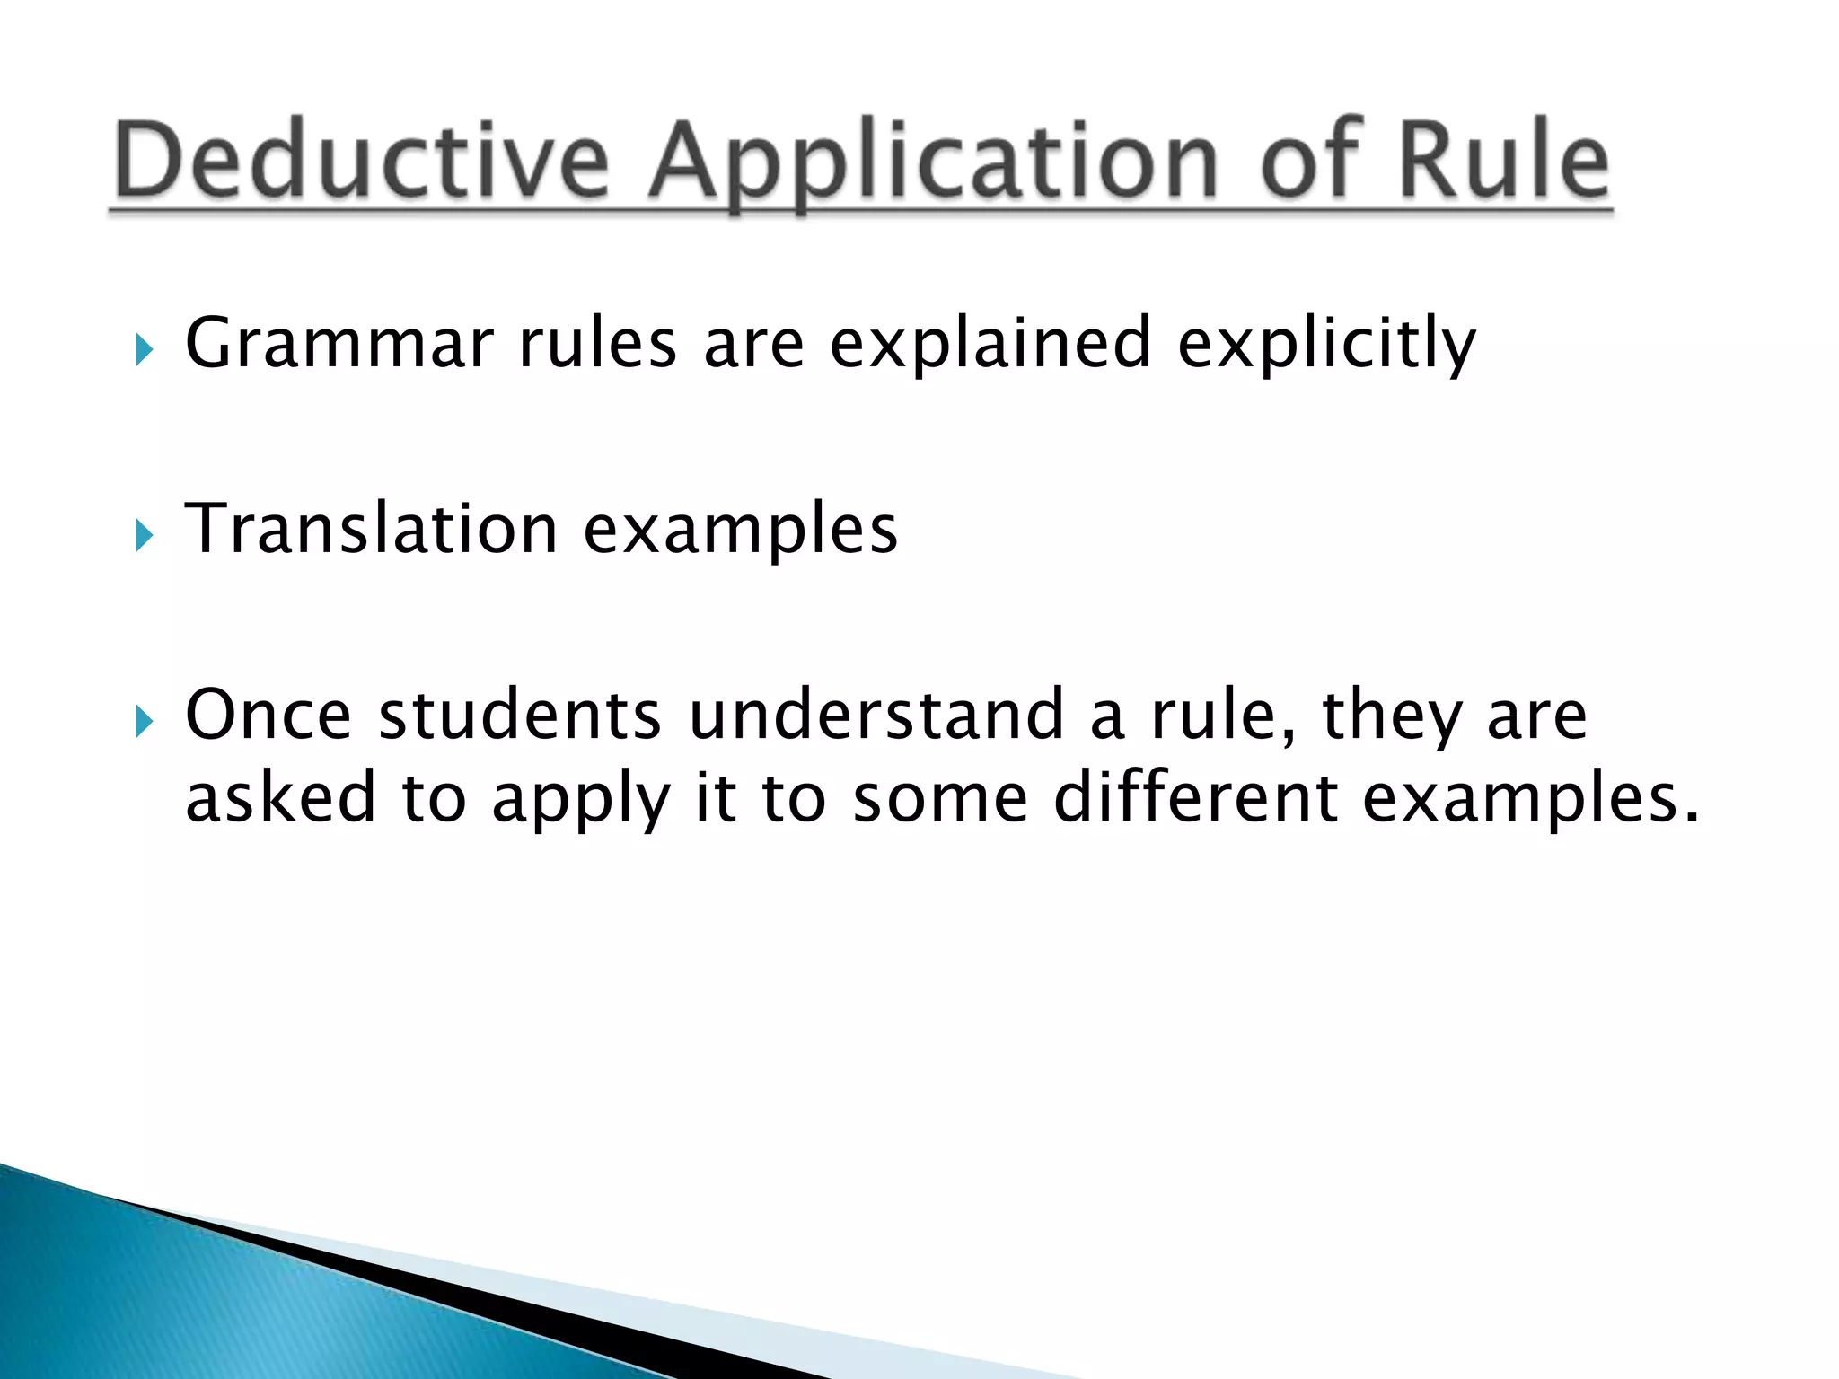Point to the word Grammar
tap(339, 343)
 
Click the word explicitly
tap(1326, 345)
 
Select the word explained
tap(990, 345)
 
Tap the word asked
tap(280, 797)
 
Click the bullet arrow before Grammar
tap(144, 349)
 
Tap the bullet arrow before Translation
tap(144, 535)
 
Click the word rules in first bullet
tap(598, 345)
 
